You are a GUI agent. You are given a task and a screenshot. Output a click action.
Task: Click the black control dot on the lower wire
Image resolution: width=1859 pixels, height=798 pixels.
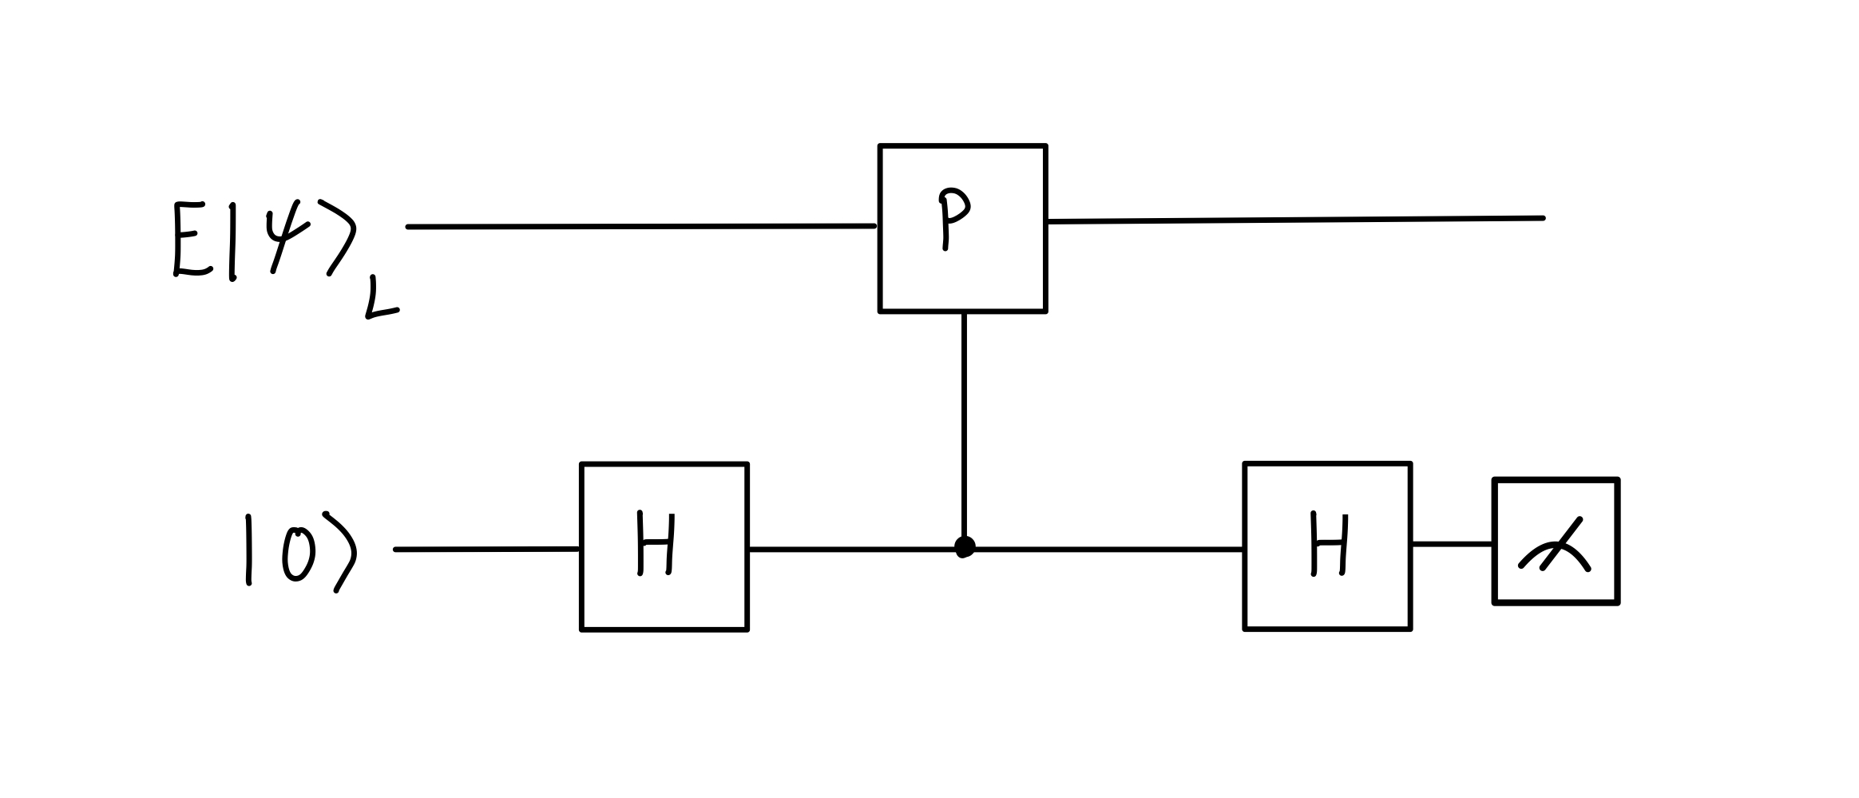(x=965, y=547)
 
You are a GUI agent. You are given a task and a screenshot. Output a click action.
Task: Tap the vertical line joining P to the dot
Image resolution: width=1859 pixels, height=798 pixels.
(x=965, y=423)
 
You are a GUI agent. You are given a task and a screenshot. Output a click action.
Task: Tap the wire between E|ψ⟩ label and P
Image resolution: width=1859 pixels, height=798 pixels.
(x=639, y=227)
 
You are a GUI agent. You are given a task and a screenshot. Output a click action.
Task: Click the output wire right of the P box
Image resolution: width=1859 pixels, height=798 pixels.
(x=1294, y=220)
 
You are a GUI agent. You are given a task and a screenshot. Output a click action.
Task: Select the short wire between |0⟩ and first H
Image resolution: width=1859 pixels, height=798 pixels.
(x=487, y=550)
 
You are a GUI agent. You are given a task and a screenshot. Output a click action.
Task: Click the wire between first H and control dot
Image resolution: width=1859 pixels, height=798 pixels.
(x=850, y=550)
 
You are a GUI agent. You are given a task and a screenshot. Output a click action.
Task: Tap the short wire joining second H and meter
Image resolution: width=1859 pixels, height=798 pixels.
(x=1452, y=544)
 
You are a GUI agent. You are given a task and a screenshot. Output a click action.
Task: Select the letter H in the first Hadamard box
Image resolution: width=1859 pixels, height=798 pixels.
(x=656, y=544)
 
